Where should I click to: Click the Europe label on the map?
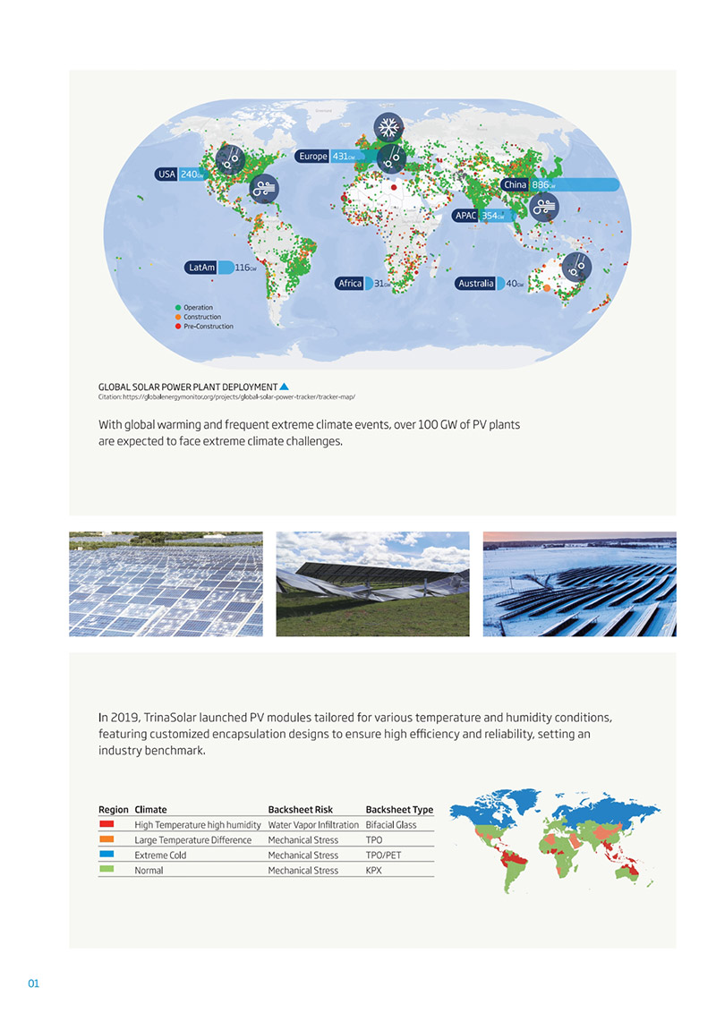(x=313, y=157)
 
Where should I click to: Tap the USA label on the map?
(x=166, y=175)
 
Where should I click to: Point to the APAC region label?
(x=465, y=216)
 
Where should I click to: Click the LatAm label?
(x=200, y=268)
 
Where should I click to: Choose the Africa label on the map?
(x=350, y=284)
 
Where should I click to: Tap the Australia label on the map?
(x=474, y=284)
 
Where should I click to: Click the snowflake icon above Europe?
(x=388, y=128)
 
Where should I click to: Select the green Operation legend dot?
(x=178, y=308)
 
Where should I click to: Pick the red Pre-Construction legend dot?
(x=178, y=327)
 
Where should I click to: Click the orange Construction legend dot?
(x=178, y=317)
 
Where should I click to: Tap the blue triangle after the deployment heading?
(x=284, y=387)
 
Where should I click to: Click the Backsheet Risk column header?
(x=301, y=810)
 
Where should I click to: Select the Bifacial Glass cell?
(x=391, y=824)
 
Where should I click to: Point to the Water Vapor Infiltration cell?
(x=313, y=824)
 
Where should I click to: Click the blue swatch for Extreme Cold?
(x=107, y=855)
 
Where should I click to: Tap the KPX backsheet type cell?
(x=374, y=871)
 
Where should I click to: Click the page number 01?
(x=34, y=984)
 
